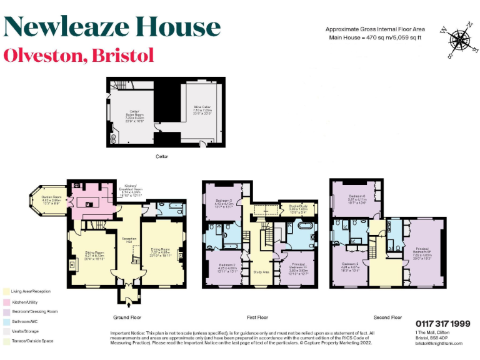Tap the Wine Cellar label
(202, 111)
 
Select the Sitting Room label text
(94, 255)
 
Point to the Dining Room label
(161, 251)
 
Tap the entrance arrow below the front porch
(129, 305)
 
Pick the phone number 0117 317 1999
(443, 323)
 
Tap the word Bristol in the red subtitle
(122, 55)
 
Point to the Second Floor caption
(387, 317)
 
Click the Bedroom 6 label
(357, 199)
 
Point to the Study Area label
(261, 272)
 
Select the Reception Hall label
(129, 241)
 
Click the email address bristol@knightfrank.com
(439, 343)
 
